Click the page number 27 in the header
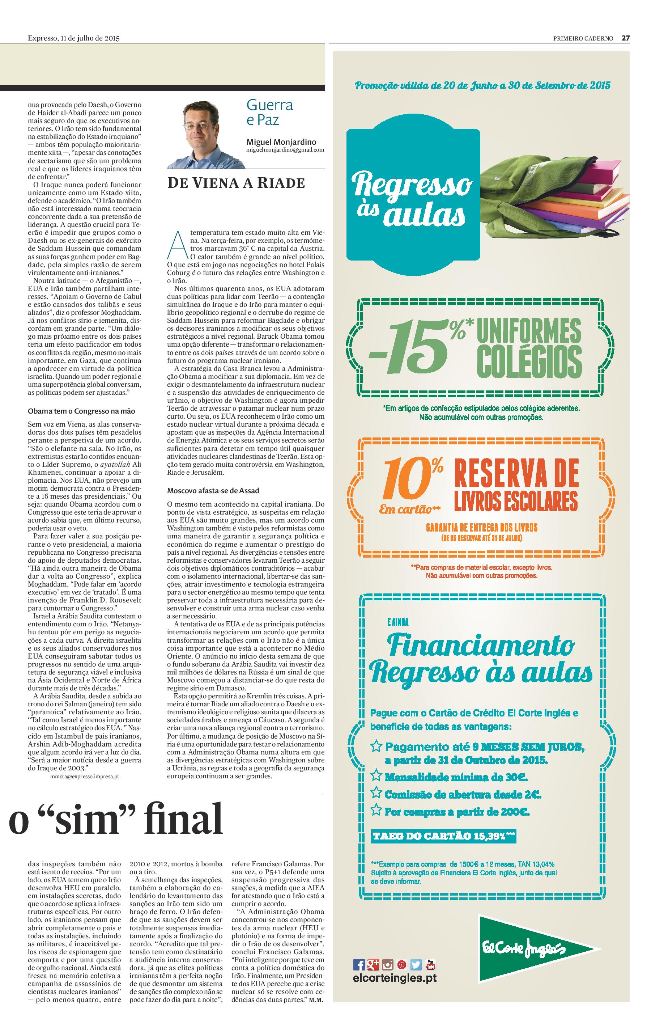tap(626, 38)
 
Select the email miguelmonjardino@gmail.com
tap(285, 150)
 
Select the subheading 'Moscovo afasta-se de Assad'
tap(213, 491)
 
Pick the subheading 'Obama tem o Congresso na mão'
tap(81, 411)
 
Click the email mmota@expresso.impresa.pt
tap(84, 776)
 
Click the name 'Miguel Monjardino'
tap(281, 142)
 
